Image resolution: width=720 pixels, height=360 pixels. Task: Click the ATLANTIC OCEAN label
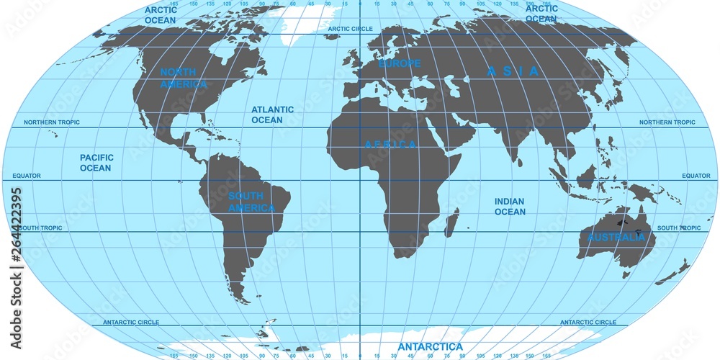click(x=272, y=114)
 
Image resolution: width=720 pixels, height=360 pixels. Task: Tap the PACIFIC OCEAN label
click(x=96, y=163)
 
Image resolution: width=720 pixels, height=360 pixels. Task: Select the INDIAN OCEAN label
click(x=510, y=207)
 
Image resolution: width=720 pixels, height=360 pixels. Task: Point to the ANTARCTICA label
click(x=431, y=347)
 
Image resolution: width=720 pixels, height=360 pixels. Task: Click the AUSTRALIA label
click(x=616, y=237)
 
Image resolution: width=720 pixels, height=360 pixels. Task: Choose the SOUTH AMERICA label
click(x=251, y=202)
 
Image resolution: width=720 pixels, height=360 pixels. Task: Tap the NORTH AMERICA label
click(x=183, y=78)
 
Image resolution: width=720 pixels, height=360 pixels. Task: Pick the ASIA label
click(x=513, y=71)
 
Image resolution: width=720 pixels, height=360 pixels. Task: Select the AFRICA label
click(x=391, y=145)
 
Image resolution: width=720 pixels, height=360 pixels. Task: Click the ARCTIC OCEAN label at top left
click(x=160, y=15)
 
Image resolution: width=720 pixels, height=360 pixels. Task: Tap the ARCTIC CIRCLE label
click(x=351, y=29)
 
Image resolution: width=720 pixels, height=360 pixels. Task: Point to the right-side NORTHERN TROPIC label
click(x=667, y=122)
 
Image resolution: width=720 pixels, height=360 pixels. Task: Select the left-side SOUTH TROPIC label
click(x=41, y=228)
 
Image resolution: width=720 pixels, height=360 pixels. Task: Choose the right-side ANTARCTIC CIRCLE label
click(x=588, y=323)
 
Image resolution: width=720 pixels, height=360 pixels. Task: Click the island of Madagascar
click(x=451, y=223)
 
